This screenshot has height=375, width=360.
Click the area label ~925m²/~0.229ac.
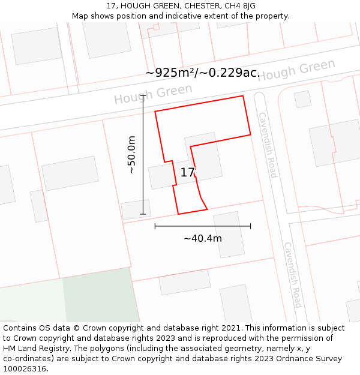(202, 73)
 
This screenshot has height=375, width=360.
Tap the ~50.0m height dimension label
(131, 155)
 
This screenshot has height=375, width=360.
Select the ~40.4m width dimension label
(203, 238)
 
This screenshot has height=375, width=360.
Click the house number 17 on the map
(188, 173)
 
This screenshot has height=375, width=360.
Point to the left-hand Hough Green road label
(153, 94)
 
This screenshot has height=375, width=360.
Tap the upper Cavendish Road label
(268, 145)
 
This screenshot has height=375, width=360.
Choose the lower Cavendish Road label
(292, 275)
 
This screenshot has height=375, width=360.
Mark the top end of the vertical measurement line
(143, 95)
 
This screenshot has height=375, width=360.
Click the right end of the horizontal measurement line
(250, 226)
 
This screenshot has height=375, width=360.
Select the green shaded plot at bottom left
(99, 297)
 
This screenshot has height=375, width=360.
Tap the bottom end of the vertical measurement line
(143, 214)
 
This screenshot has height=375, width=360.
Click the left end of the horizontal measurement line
(155, 226)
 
